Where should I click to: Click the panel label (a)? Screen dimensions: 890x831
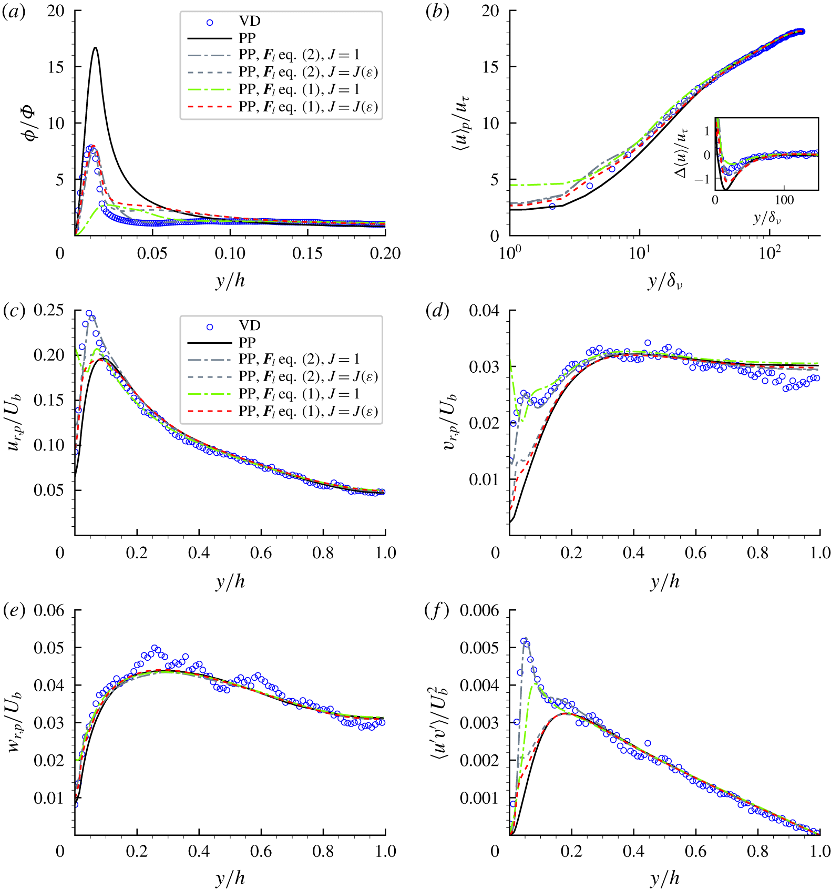coord(14,12)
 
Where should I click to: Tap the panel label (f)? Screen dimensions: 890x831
coord(437,611)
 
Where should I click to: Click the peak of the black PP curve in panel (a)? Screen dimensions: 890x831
coord(95,48)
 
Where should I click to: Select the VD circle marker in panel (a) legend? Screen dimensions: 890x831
coord(210,22)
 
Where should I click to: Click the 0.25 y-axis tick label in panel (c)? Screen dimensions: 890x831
coord(49,311)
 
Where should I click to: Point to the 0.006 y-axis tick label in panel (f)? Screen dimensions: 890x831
coord(479,610)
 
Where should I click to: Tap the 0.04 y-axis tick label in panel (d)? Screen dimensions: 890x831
coord(484,311)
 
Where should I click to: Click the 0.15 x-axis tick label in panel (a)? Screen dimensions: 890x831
coord(307,254)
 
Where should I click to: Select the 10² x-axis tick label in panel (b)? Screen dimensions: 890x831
coord(770,253)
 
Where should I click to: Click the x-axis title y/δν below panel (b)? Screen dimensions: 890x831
coord(664,282)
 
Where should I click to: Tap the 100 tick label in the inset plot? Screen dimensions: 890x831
coord(784,200)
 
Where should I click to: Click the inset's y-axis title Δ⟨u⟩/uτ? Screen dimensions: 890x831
coord(683,154)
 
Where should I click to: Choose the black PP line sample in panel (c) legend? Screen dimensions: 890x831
coord(210,343)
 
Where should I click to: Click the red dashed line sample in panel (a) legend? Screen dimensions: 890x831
coord(210,107)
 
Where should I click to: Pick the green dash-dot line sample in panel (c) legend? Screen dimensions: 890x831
coord(210,394)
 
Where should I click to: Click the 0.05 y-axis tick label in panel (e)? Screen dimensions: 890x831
coord(49,648)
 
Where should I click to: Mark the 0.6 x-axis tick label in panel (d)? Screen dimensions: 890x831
coord(696,553)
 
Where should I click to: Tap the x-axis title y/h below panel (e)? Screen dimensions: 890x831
coord(230,878)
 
